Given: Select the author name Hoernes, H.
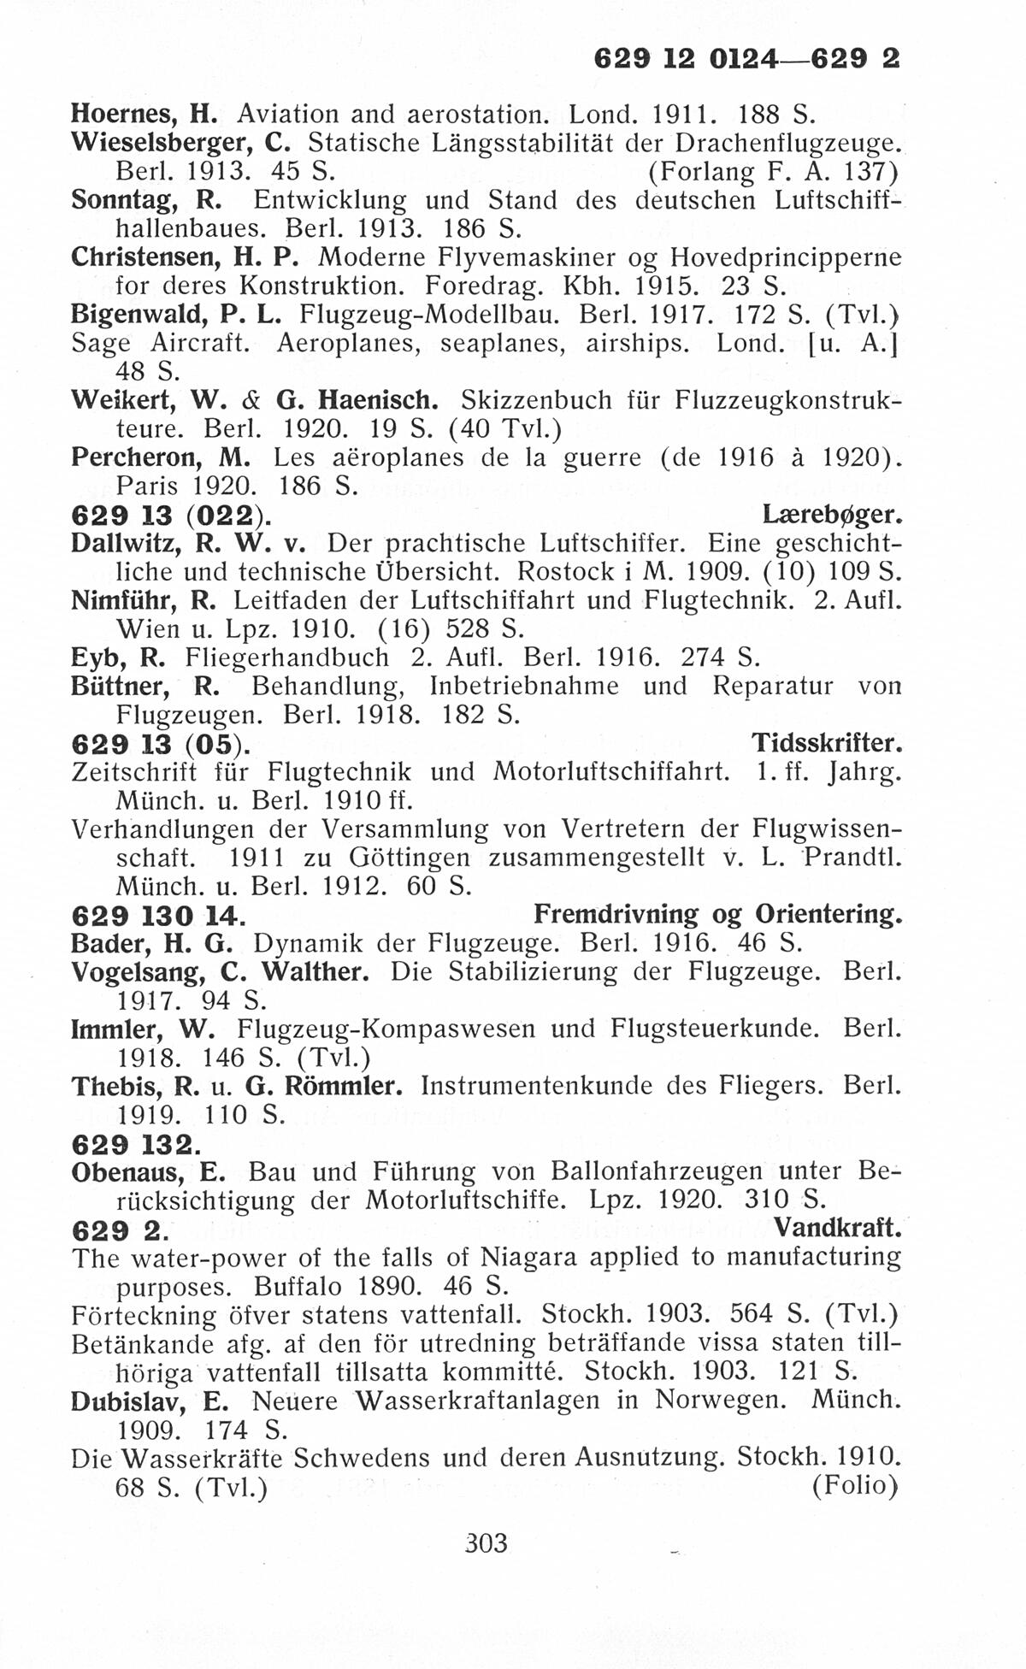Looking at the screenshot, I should pos(142,113).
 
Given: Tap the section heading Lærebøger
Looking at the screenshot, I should pos(831,515).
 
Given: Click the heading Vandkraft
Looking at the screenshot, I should pos(837,1229).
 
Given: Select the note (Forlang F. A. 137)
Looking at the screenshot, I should pos(772,171).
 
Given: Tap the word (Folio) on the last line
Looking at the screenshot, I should pos(854,1486).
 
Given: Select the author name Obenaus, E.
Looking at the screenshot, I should pos(147,1171).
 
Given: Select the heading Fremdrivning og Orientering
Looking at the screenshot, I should pos(717,914).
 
